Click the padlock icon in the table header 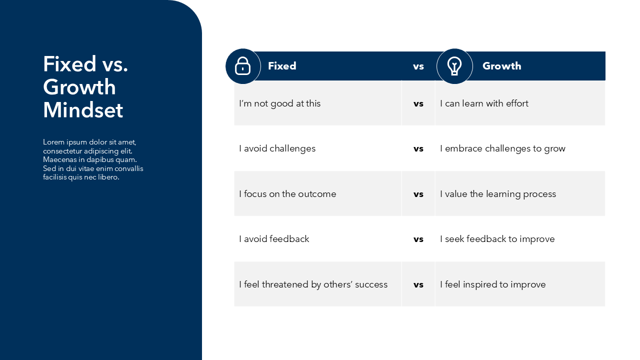[x=242, y=66]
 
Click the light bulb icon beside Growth [x=454, y=66]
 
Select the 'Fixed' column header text [x=282, y=66]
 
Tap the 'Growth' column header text [x=501, y=66]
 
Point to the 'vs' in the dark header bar [x=418, y=66]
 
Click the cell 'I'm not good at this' [x=279, y=103]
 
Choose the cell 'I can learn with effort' [x=484, y=103]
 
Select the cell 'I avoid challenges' [x=277, y=148]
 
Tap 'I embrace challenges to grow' [x=502, y=148]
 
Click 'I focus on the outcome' [x=287, y=194]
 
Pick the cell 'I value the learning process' [x=498, y=194]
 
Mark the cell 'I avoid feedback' [x=274, y=239]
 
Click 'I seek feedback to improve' [x=497, y=239]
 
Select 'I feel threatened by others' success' [x=313, y=284]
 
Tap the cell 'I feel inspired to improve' [x=492, y=284]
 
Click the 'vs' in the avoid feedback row [x=418, y=239]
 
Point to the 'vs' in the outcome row [x=418, y=194]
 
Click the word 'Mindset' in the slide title [x=83, y=110]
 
